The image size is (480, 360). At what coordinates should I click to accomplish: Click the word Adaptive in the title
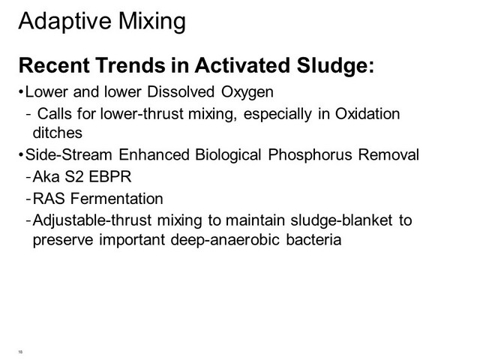(x=64, y=22)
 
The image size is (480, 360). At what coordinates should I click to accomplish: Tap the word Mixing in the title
(x=151, y=22)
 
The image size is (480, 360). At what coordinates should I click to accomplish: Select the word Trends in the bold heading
(x=130, y=65)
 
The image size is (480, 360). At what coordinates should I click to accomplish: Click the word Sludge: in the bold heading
(x=335, y=65)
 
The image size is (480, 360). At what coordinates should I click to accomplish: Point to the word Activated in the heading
(x=242, y=65)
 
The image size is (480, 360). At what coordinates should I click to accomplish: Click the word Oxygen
(x=247, y=92)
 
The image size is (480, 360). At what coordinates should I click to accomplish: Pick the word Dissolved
(x=181, y=91)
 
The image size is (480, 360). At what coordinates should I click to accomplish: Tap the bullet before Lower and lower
(x=21, y=91)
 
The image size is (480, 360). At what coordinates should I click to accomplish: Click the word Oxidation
(x=367, y=113)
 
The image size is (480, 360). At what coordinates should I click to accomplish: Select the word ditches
(x=58, y=133)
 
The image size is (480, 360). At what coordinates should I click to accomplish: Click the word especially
(x=277, y=114)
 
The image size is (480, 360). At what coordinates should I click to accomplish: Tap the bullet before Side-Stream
(x=21, y=154)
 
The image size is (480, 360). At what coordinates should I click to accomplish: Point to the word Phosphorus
(x=310, y=154)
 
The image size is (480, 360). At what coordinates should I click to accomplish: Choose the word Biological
(x=228, y=154)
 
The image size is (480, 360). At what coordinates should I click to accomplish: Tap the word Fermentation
(x=117, y=198)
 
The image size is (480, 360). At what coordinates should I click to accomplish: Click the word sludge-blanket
(x=341, y=220)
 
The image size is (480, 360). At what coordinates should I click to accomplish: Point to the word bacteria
(x=313, y=239)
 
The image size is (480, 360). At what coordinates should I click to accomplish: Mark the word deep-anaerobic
(x=225, y=240)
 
